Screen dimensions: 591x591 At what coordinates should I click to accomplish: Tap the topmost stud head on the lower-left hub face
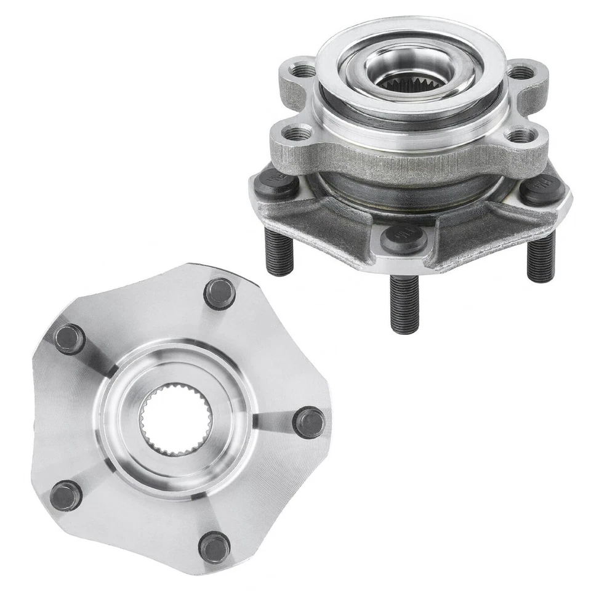(219, 294)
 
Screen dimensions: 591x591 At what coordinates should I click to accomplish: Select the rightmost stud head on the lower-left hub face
(308, 423)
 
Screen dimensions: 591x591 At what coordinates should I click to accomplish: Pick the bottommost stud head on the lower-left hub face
(215, 547)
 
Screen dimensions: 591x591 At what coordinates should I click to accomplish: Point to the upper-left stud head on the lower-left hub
(69, 339)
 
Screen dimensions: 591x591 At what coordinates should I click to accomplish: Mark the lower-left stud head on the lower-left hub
(66, 496)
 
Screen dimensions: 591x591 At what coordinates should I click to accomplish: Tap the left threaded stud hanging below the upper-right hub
(280, 251)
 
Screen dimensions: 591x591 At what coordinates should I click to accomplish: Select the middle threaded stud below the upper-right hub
(404, 303)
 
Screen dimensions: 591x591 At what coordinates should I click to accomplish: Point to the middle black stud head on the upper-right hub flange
(403, 238)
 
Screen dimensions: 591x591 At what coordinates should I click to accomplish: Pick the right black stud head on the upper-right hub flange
(542, 189)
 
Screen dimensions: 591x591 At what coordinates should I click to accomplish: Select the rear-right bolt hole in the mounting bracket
(520, 73)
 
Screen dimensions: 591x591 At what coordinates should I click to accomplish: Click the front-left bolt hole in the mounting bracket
(297, 132)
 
